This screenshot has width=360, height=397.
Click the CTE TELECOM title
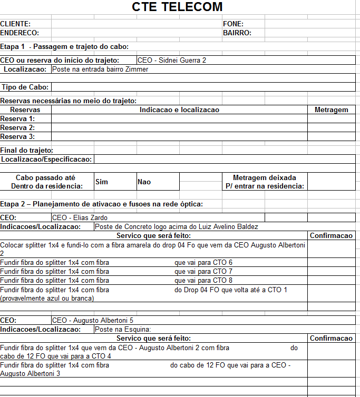[177, 7]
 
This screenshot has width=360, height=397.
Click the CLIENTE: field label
[15, 24]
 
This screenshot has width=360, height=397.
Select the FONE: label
[233, 24]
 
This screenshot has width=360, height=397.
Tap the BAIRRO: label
[237, 33]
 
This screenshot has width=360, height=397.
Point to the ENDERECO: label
[20, 33]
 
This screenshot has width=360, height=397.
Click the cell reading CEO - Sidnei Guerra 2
[171, 60]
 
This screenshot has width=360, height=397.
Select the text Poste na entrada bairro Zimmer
[100, 69]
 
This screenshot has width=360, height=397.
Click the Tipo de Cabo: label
[25, 87]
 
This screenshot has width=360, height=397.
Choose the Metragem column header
[331, 110]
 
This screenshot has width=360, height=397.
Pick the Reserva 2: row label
[17, 127]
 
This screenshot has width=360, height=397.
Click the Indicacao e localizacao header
[179, 110]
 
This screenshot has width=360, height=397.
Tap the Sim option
[102, 182]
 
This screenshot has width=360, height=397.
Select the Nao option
[144, 182]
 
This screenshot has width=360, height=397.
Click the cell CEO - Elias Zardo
[80, 217]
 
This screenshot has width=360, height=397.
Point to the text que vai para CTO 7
[203, 271]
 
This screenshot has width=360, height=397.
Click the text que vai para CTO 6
[203, 262]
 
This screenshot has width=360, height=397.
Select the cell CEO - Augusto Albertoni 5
[92, 320]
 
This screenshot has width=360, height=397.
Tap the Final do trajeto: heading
[26, 150]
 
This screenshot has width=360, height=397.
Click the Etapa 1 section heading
[61, 46]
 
